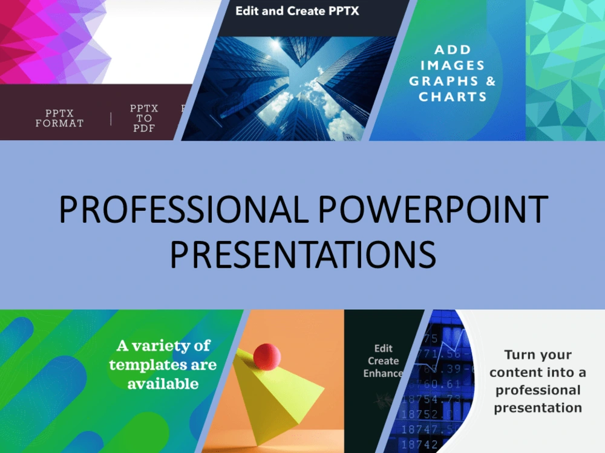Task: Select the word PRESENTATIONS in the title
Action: (x=302, y=254)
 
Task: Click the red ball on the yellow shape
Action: (x=267, y=356)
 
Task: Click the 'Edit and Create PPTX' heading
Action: (x=297, y=11)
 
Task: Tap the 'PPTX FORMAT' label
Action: (x=59, y=118)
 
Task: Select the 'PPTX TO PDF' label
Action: (x=144, y=118)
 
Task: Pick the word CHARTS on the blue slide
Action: (x=453, y=97)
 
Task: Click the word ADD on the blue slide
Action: (x=453, y=50)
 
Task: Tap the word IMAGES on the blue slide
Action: (x=453, y=65)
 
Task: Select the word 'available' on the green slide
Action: (x=163, y=384)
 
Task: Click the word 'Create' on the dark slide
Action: (x=384, y=361)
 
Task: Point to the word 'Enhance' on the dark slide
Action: (x=383, y=373)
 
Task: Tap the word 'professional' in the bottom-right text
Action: (x=537, y=390)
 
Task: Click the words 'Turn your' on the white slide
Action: (x=537, y=355)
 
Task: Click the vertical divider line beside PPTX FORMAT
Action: (x=111, y=118)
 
